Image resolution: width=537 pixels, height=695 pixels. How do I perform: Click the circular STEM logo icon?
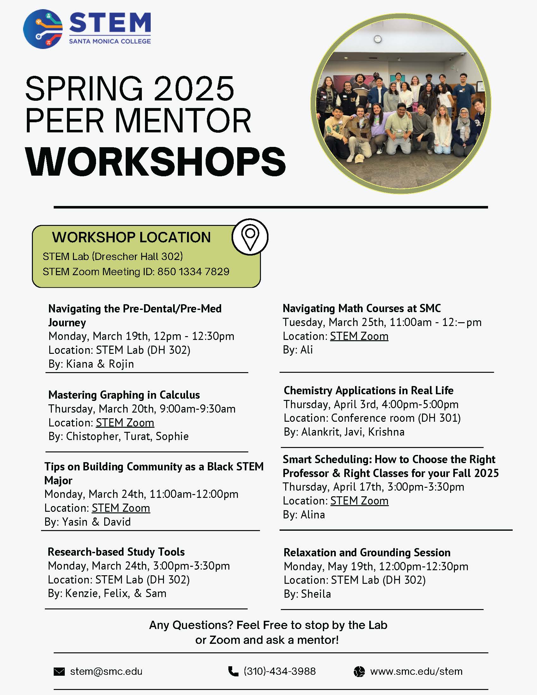point(43,29)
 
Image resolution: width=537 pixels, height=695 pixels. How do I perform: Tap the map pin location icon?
point(250,237)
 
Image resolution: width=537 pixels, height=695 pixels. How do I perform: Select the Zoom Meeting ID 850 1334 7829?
point(193,271)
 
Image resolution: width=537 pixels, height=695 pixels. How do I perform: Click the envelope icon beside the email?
point(59,671)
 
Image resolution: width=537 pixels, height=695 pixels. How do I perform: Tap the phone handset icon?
point(233,671)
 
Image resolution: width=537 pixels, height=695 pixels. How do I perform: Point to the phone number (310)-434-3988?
point(280,671)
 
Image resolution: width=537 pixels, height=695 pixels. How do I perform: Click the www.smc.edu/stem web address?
point(416,671)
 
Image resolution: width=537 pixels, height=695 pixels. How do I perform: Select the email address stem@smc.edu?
point(106,671)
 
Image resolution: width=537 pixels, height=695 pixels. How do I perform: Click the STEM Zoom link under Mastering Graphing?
point(125,423)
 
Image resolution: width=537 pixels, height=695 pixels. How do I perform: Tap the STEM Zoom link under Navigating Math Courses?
point(359,336)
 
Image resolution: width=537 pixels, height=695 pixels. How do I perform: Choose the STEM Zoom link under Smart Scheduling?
point(359,501)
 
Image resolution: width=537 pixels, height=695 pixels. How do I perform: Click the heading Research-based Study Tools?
point(116,552)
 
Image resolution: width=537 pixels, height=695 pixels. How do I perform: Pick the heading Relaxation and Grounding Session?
point(367,553)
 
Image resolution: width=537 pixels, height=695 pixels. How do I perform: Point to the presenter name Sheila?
point(316,594)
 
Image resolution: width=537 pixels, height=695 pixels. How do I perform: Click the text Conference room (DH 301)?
point(396,418)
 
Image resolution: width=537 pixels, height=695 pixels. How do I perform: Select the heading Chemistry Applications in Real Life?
point(368,390)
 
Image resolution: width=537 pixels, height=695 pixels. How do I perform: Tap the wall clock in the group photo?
point(377,39)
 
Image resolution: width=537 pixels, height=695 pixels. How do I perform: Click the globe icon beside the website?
point(359,671)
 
